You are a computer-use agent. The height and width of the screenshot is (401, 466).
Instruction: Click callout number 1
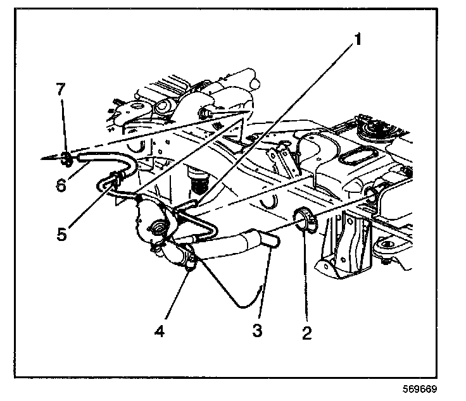[x=358, y=40]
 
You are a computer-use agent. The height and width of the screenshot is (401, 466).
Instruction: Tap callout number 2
[x=306, y=331]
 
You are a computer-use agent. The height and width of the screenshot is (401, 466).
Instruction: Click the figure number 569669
[x=418, y=390]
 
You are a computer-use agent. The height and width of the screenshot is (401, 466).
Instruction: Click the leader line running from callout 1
[x=279, y=120]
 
